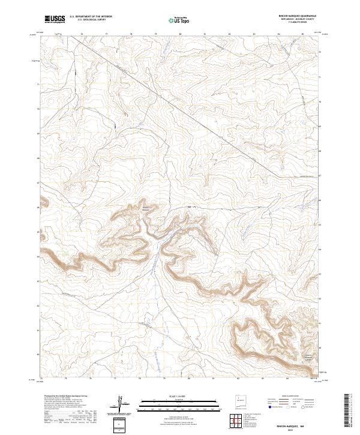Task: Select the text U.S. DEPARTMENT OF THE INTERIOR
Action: tap(91, 17)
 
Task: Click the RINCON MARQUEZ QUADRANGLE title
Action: tap(298, 16)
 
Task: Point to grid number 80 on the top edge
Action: tap(180, 34)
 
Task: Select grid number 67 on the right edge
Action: tap(320, 176)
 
